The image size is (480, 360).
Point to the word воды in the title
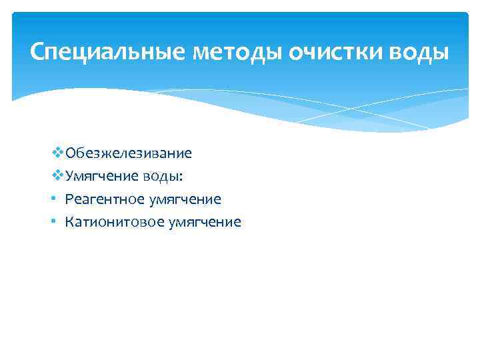[423, 51]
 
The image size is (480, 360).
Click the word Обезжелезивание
[129, 153]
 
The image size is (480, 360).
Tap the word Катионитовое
[107, 222]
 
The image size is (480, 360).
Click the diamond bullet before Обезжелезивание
[57, 153]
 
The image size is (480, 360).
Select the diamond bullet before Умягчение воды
[57, 176]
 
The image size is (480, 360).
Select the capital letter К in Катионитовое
[69, 222]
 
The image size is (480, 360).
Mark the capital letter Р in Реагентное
[69, 199]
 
